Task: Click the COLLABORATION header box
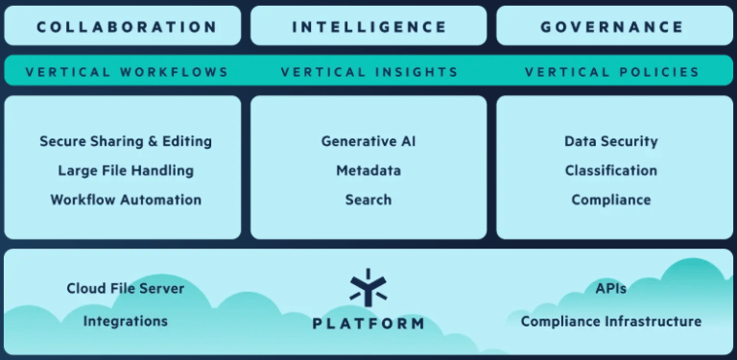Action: click(x=123, y=26)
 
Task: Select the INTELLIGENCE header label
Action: click(x=368, y=27)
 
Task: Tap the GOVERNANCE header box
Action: click(x=615, y=26)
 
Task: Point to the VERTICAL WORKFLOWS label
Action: click(x=127, y=72)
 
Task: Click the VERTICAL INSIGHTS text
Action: click(x=369, y=72)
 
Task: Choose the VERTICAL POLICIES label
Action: click(x=612, y=72)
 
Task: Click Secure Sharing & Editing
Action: click(x=126, y=141)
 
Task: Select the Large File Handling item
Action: click(x=126, y=170)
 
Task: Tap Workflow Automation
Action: click(x=126, y=200)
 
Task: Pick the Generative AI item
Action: click(x=368, y=141)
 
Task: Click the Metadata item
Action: click(x=368, y=170)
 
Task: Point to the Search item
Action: click(x=368, y=200)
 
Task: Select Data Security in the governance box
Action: click(x=611, y=141)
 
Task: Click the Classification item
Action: click(x=611, y=170)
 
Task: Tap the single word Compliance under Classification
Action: click(x=611, y=200)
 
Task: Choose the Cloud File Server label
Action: click(x=126, y=288)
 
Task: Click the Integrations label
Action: click(x=126, y=322)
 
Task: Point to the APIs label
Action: click(x=611, y=288)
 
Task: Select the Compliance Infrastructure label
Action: click(x=611, y=322)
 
